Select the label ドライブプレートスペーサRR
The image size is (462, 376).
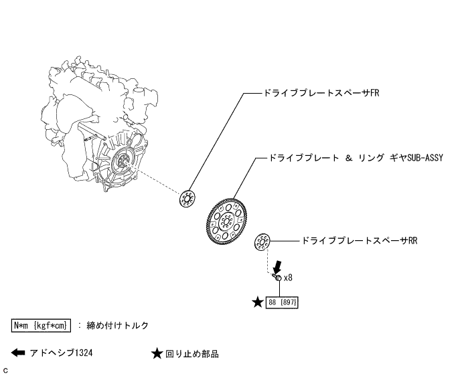click(360, 240)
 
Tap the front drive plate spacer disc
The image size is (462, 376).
click(187, 198)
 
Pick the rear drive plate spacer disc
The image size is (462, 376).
click(262, 241)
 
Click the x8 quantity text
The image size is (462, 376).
click(289, 277)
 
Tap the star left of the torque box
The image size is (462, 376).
click(258, 302)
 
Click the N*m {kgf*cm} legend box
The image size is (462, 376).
click(41, 325)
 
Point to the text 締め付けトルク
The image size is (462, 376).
click(118, 325)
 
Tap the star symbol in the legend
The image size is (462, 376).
click(157, 353)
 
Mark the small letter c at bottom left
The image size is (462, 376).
click(5, 369)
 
